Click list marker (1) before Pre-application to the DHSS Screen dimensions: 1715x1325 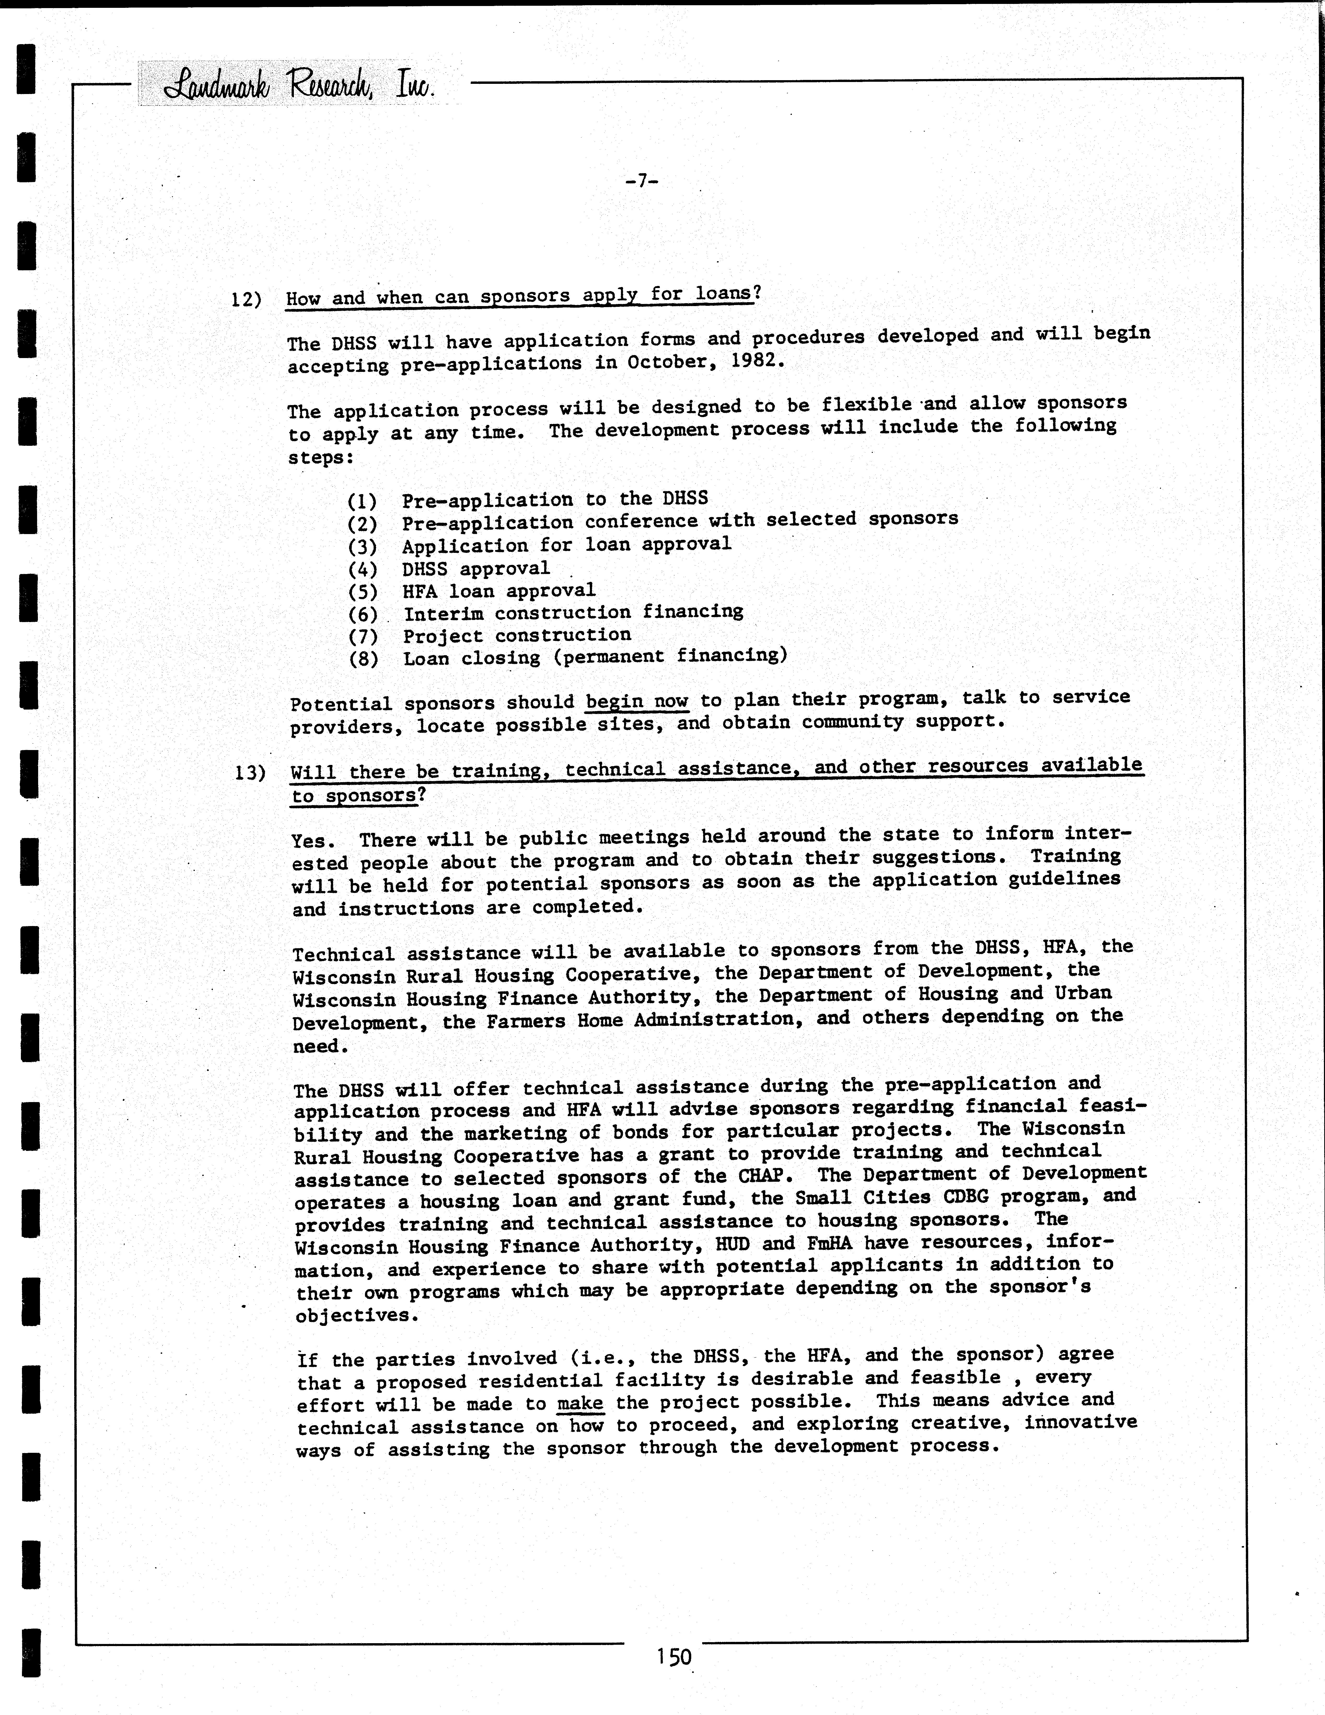click(x=362, y=501)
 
